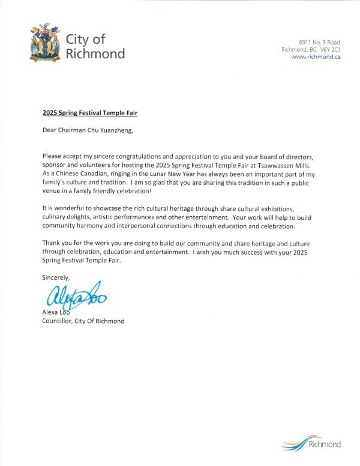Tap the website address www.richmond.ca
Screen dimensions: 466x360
point(316,57)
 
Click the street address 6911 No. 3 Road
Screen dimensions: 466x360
point(319,41)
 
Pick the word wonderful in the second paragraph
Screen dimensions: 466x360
point(65,207)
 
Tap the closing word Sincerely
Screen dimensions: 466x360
point(56,277)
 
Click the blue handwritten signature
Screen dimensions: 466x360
point(73,297)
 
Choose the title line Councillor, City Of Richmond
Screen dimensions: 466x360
point(83,321)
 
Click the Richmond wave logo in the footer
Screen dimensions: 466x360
point(311,444)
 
